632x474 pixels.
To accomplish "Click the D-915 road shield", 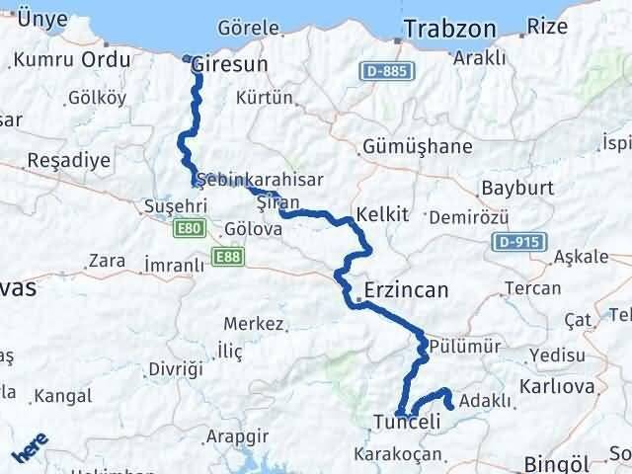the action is pyautogui.click(x=516, y=242).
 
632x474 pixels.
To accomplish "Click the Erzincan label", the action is pyautogui.click(x=406, y=290).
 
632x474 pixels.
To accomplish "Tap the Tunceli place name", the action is pyautogui.click(x=406, y=423).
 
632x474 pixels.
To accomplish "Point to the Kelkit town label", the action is pyautogui.click(x=382, y=214).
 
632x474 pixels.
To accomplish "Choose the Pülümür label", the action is pyautogui.click(x=466, y=347).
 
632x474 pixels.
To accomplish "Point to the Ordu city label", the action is pyautogui.click(x=107, y=60).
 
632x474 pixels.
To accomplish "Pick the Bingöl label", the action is pyautogui.click(x=558, y=462).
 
